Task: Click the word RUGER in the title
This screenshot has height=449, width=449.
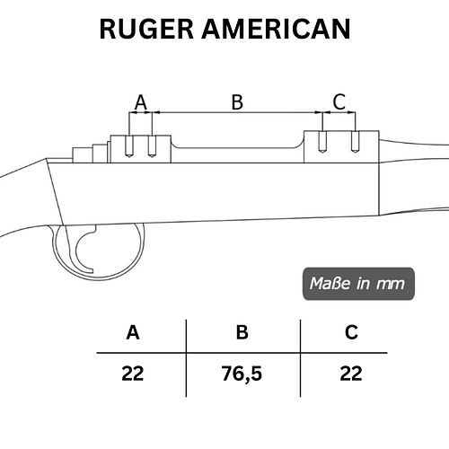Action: [x=146, y=29]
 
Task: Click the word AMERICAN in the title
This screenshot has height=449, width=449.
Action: [x=276, y=29]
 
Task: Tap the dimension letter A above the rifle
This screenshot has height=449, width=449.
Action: [x=141, y=102]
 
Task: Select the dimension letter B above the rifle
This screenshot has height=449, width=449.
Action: [x=237, y=102]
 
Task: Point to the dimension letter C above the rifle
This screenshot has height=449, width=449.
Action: [x=339, y=101]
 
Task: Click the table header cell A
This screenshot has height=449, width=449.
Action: [x=133, y=332]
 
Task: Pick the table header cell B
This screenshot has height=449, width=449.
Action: [x=242, y=332]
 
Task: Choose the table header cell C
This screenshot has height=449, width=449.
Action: [x=351, y=332]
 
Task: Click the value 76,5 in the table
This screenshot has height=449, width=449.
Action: [x=242, y=374]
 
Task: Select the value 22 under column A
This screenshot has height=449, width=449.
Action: [x=133, y=374]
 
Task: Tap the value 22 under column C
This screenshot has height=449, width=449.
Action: [x=351, y=374]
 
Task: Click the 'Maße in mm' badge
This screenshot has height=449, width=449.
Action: [x=358, y=284]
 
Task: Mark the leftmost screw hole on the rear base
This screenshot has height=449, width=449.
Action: [x=129, y=146]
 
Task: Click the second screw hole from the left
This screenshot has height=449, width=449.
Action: [x=152, y=146]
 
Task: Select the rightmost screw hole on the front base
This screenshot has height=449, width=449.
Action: [x=355, y=142]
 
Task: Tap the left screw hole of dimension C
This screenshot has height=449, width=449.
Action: [x=322, y=142]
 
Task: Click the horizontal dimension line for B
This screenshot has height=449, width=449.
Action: [x=237, y=112]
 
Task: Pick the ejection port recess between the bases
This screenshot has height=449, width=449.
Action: [x=237, y=143]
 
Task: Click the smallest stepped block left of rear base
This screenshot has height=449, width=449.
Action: [x=83, y=155]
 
